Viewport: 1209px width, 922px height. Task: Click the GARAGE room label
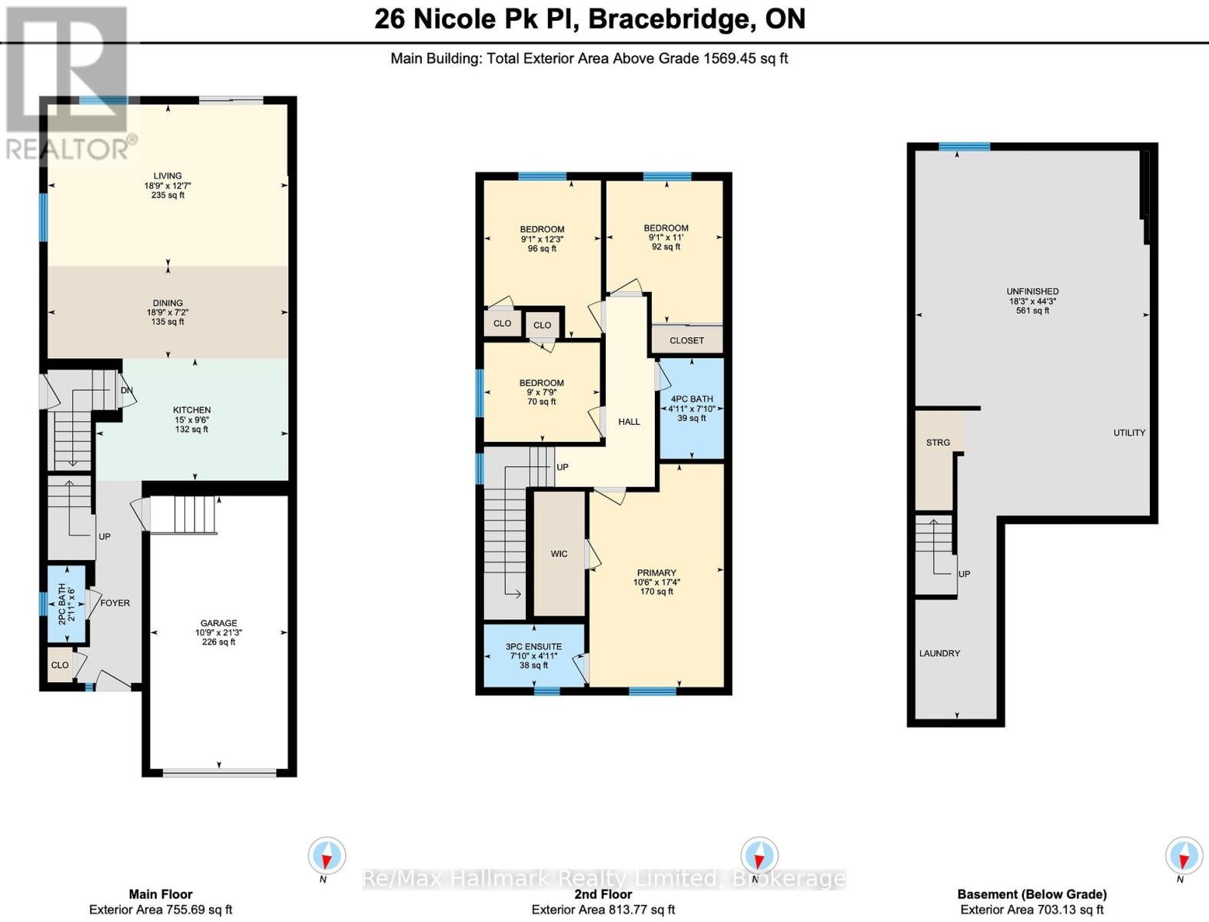coord(219,623)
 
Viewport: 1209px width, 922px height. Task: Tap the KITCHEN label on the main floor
coord(191,410)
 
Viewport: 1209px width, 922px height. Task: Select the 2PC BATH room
coord(67,604)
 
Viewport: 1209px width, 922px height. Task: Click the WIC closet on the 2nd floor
coord(559,553)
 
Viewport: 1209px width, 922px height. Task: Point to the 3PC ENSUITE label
coord(533,647)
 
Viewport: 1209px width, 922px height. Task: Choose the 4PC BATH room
coord(692,409)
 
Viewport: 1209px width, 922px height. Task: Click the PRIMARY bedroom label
coord(656,572)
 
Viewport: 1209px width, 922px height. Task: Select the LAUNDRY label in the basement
coord(940,653)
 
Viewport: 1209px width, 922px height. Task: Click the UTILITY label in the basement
coord(1129,433)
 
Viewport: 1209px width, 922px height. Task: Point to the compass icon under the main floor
coord(327,856)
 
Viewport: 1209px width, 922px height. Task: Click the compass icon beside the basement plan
coord(1184,856)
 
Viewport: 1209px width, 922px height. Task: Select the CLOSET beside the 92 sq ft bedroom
coord(687,339)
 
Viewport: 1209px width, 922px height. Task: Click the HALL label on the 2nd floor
coord(629,422)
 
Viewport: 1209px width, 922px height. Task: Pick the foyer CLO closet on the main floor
coord(60,665)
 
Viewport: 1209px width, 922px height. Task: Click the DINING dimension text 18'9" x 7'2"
coord(168,313)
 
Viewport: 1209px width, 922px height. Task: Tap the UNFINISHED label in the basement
coord(1032,291)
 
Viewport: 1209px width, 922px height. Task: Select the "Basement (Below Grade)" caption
coord(1031,894)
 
